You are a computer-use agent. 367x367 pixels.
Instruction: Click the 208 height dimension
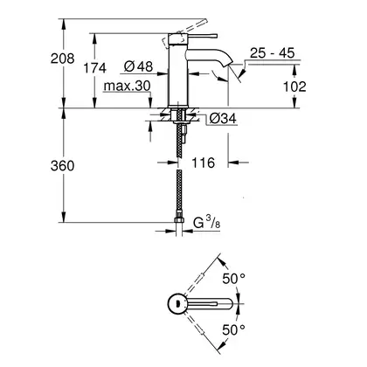click(x=62, y=59)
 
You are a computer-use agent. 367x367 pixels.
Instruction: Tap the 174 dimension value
click(x=95, y=68)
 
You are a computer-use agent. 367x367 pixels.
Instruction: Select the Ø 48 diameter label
click(x=138, y=66)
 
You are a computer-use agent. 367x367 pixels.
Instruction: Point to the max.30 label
click(x=127, y=86)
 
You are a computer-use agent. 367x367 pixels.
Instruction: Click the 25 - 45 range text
click(x=273, y=53)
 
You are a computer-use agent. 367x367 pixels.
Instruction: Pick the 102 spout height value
click(x=294, y=87)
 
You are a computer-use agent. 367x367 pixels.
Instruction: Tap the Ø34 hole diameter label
click(x=223, y=119)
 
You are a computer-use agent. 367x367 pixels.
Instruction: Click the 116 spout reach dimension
click(x=203, y=163)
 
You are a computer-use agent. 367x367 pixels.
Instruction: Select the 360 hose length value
click(x=62, y=166)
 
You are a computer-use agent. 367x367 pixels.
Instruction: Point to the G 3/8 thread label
click(x=207, y=223)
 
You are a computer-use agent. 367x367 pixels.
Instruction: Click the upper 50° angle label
click(x=233, y=279)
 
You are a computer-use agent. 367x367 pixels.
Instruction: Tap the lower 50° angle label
click(x=233, y=330)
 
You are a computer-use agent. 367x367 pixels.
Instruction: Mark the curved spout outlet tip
click(x=228, y=62)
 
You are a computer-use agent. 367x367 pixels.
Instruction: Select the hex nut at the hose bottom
click(x=179, y=220)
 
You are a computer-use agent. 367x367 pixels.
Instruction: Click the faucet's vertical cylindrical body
click(x=178, y=70)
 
